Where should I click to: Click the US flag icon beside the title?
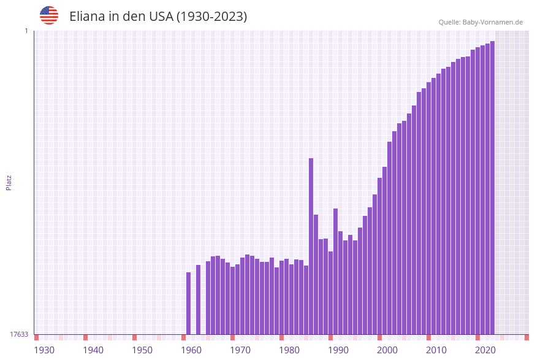49,15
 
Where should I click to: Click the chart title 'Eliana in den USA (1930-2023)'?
158,17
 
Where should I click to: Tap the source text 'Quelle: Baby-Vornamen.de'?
480,22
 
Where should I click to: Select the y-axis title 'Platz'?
9,182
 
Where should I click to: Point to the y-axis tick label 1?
26,31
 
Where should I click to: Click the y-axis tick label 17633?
19,334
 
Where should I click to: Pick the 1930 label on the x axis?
44,350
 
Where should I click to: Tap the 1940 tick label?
93,350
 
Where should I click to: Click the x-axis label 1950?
142,350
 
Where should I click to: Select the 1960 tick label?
191,350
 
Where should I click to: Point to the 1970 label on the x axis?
240,350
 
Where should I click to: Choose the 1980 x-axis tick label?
289,350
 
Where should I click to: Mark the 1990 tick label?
338,350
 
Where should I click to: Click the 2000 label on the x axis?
387,350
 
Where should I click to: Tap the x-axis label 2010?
436,350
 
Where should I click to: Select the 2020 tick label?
485,350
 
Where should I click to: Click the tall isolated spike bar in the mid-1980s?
311,245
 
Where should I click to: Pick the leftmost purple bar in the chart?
188,304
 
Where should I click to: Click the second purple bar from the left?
198,300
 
